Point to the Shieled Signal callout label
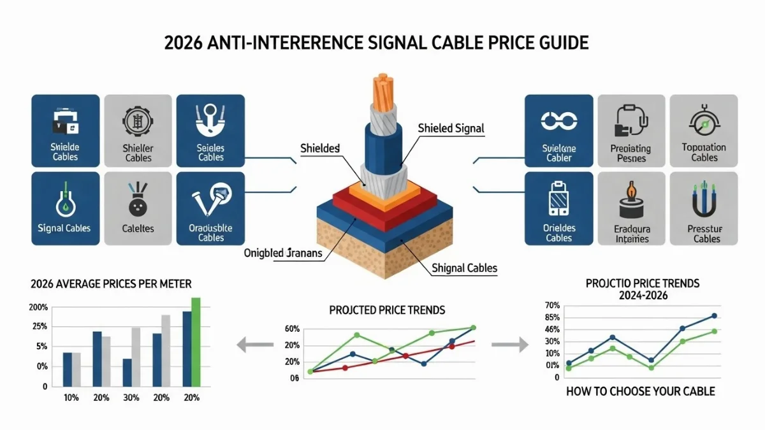click(x=451, y=128)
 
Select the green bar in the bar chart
click(x=196, y=342)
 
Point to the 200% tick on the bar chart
click(x=39, y=307)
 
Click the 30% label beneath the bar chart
click(x=131, y=398)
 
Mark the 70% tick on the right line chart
click(x=552, y=305)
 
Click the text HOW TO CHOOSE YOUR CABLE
click(x=641, y=391)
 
